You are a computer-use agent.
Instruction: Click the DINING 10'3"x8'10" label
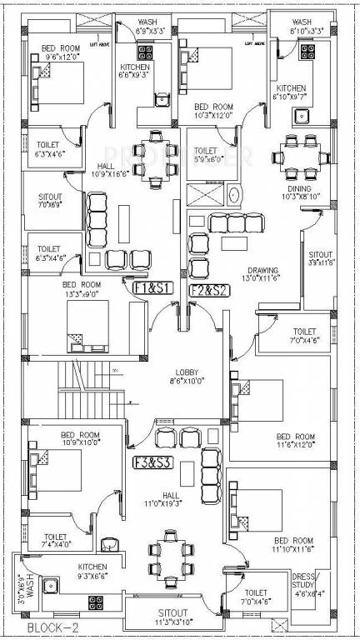[297, 192]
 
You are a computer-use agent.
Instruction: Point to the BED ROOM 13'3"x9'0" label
[80, 287]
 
